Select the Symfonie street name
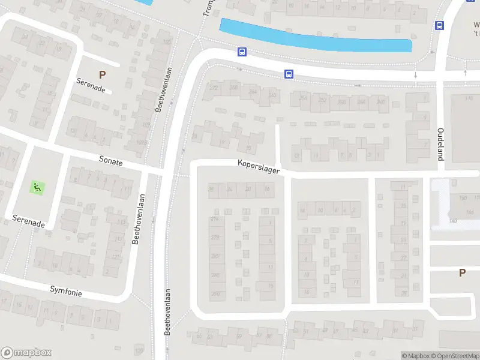click(66, 291)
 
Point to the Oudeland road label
click(440, 144)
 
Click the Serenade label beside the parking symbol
click(91, 85)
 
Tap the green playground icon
click(37, 187)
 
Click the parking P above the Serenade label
click(102, 75)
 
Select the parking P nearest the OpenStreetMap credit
click(462, 272)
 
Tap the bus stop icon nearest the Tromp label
click(241, 52)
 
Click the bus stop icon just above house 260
click(289, 74)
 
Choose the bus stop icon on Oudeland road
click(439, 25)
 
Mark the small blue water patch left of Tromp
click(144, 2)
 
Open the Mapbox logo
click(26, 353)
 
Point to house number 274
click(215, 218)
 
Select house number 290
click(215, 293)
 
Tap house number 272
click(214, 88)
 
